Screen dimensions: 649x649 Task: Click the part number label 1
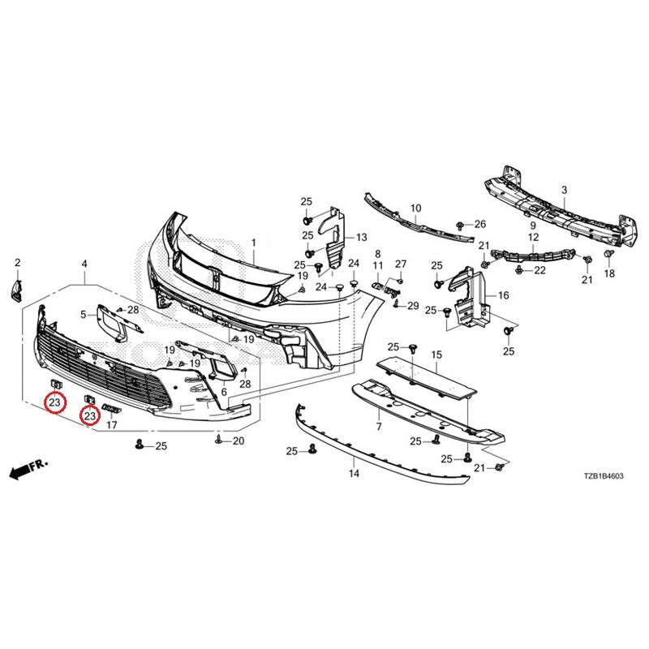coord(254,243)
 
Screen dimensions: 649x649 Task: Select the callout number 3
coord(564,191)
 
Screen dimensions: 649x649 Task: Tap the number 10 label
coord(415,208)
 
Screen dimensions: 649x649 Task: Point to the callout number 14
coord(354,473)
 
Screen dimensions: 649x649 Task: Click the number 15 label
coord(436,355)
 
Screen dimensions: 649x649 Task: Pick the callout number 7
coord(379,426)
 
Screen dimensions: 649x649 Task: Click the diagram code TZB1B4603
coord(604,476)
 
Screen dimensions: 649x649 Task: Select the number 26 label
coord(480,225)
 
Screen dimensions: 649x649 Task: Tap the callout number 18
coord(610,273)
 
